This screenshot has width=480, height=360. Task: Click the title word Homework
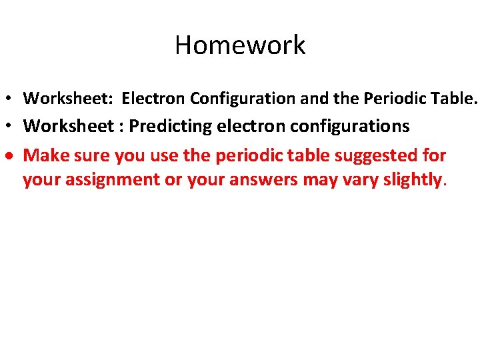(x=240, y=45)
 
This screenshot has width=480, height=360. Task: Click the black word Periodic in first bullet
(x=393, y=99)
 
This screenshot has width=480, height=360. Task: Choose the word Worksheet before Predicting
(x=69, y=126)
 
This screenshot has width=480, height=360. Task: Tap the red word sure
(x=89, y=155)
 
